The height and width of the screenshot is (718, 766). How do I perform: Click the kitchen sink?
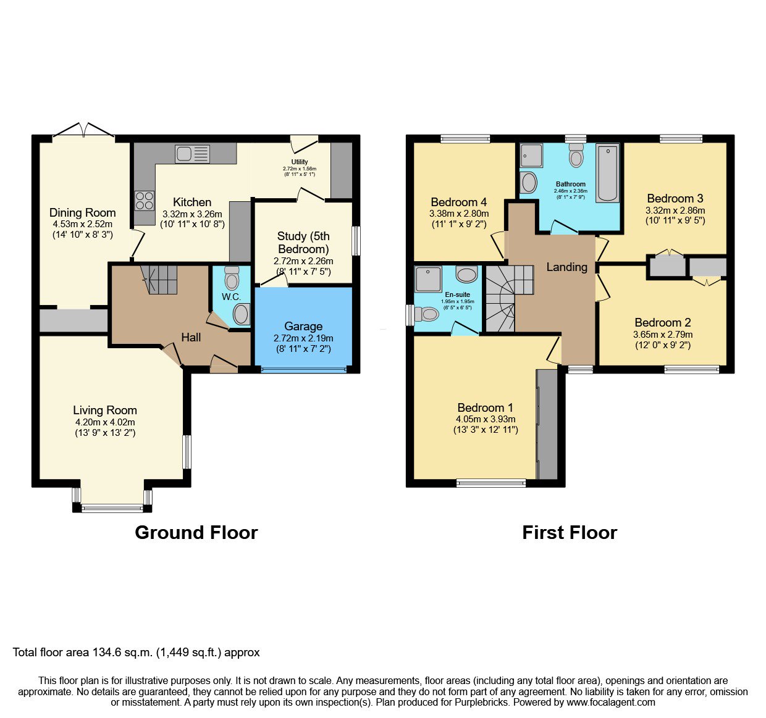[193, 154]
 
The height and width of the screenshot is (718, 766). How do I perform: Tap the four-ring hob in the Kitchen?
[145, 201]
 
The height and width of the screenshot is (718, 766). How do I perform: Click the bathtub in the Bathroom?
[607, 173]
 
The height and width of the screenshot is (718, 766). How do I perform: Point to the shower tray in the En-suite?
[428, 279]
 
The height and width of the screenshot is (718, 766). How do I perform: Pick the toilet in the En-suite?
[427, 314]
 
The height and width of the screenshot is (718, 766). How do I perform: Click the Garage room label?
[303, 326]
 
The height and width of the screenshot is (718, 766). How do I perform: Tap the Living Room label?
[105, 411]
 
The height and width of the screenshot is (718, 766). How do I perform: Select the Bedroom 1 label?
[485, 407]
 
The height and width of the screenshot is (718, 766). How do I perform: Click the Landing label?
[566, 267]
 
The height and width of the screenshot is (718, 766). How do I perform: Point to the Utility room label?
[300, 162]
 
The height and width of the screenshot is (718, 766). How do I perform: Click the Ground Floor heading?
[196, 533]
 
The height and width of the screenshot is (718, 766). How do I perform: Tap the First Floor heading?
[570, 533]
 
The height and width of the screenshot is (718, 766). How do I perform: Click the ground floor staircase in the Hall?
[159, 279]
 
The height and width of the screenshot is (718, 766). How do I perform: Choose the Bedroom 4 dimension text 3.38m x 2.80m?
[459, 213]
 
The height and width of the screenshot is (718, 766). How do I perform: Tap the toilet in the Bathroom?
[576, 156]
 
